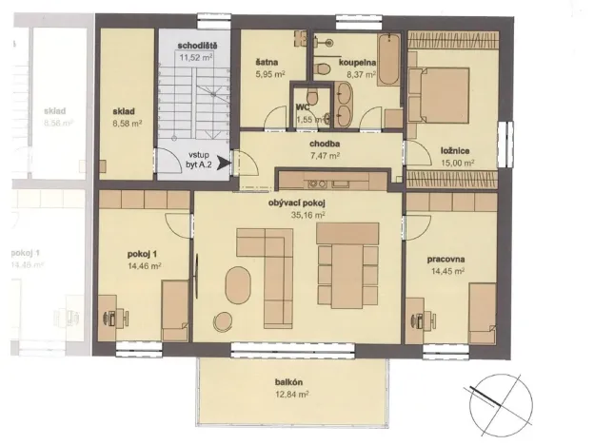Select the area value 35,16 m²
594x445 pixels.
tap(298, 215)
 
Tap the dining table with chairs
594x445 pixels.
tap(347, 264)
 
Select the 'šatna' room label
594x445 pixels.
tap(266, 63)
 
